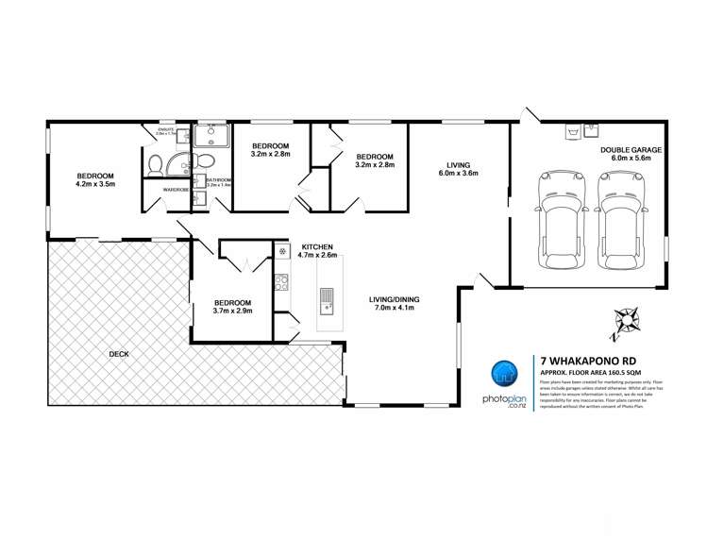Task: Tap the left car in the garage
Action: coord(555,218)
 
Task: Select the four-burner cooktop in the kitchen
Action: coord(280,280)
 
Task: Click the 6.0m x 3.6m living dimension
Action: coord(457,173)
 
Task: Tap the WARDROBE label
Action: coord(176,190)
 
